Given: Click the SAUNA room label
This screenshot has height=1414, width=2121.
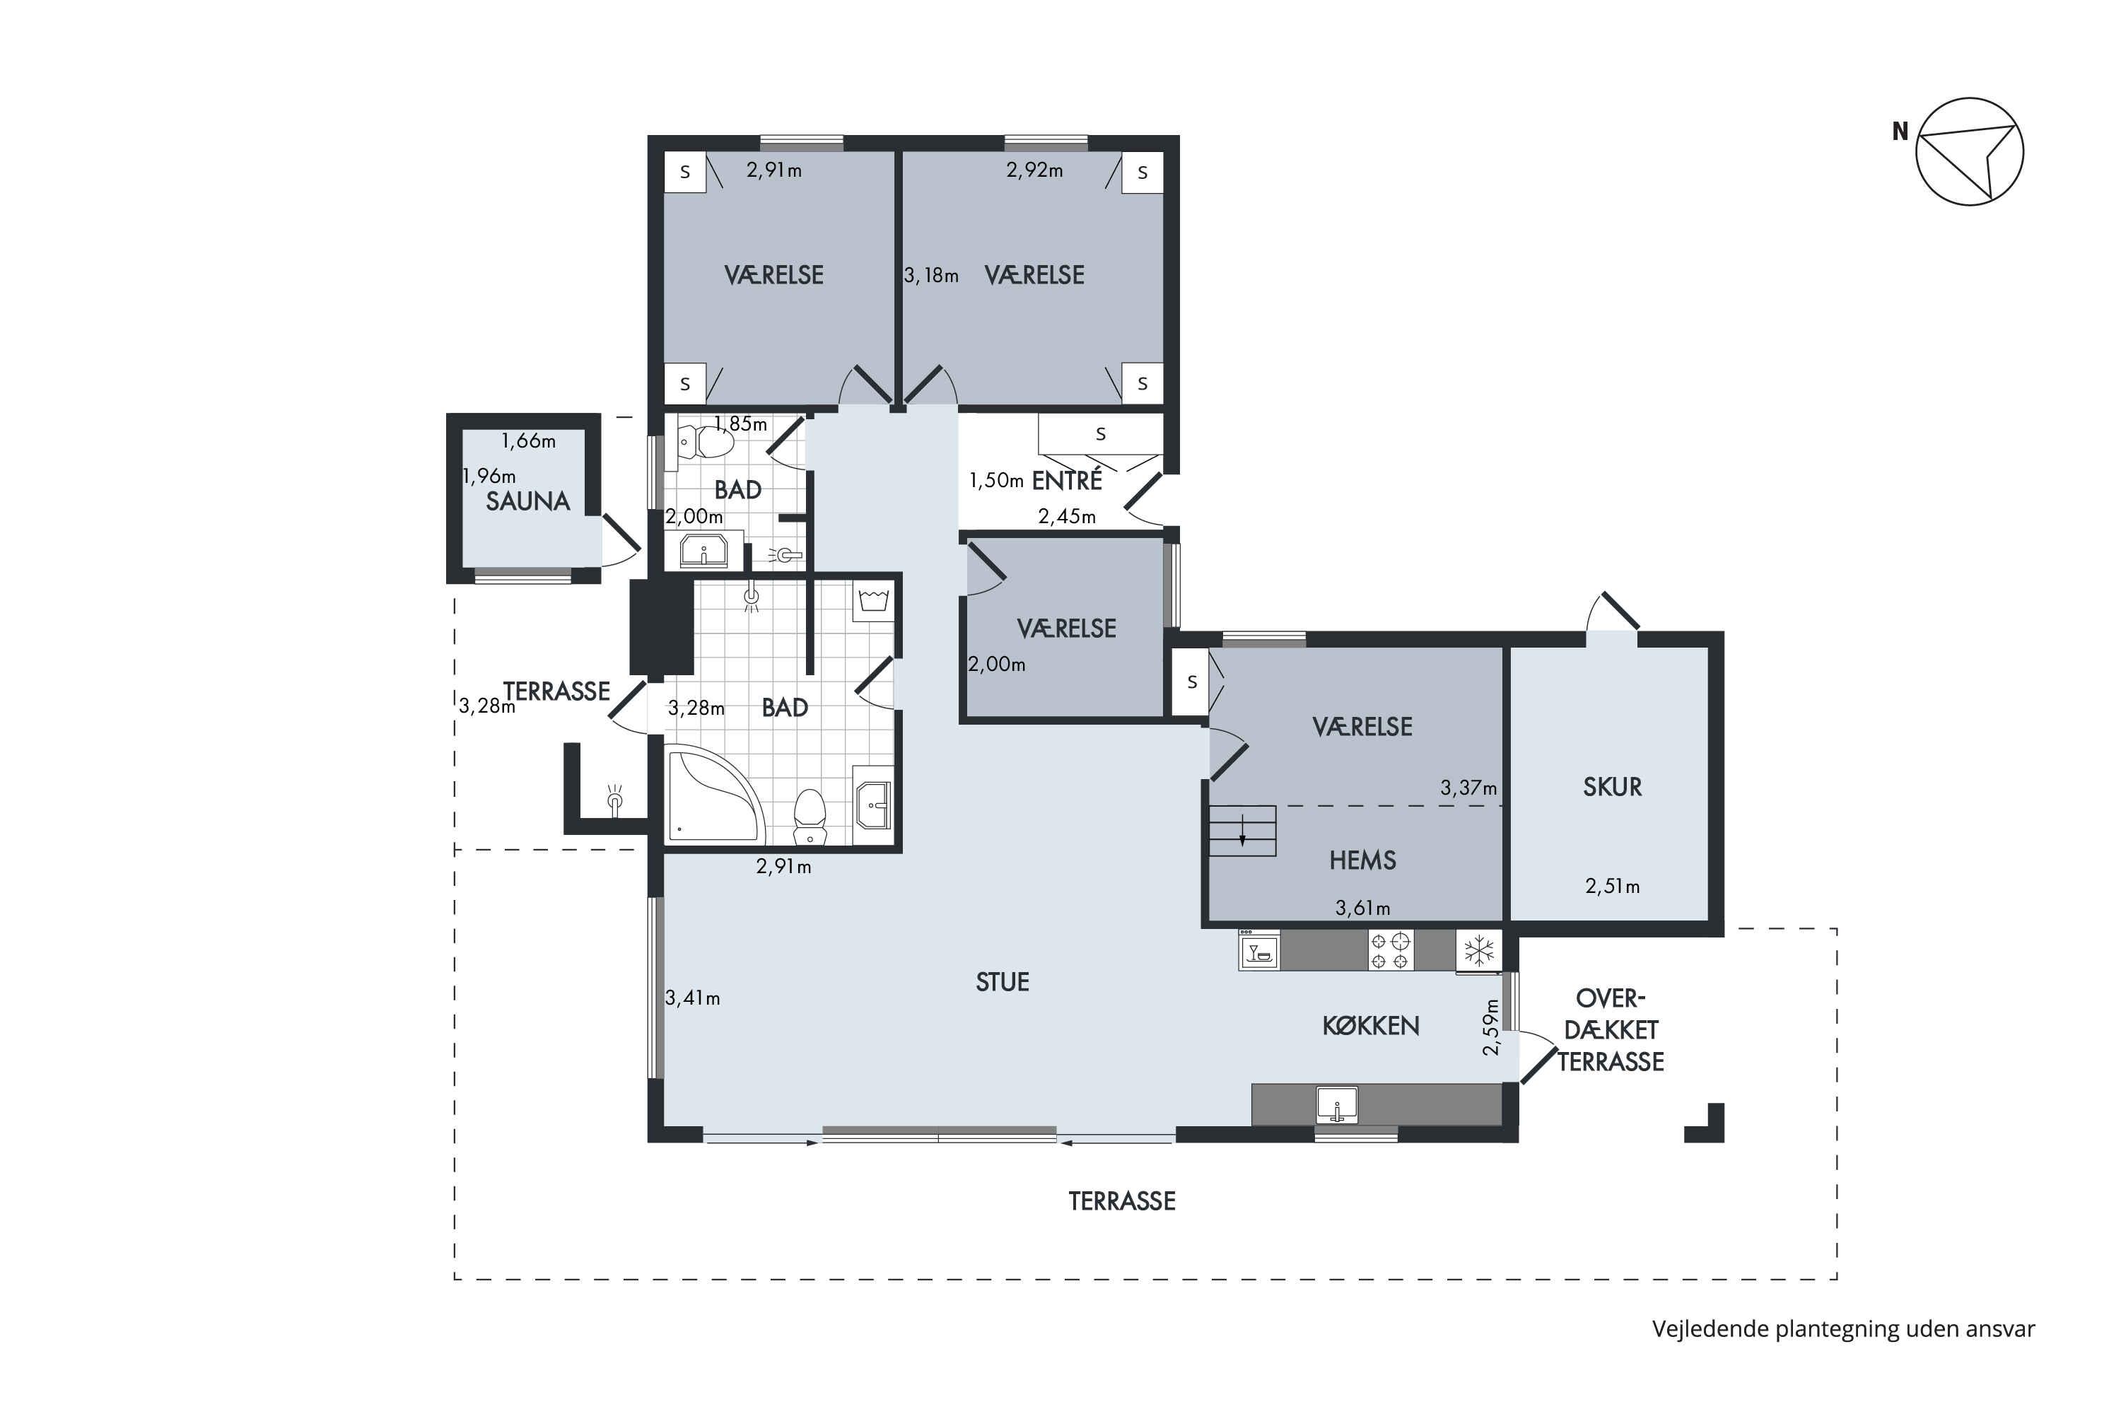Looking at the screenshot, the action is [527, 501].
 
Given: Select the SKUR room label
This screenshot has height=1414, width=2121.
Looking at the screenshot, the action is [1613, 788].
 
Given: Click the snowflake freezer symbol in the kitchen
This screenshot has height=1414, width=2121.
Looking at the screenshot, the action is [1479, 950].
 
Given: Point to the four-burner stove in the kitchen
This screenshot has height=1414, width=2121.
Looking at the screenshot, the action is [1390, 950].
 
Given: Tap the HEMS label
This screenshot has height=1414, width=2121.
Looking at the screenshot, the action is [1362, 860].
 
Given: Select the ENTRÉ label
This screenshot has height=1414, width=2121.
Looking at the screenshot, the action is [1067, 481].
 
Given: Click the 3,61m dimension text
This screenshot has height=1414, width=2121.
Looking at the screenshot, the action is [1362, 908].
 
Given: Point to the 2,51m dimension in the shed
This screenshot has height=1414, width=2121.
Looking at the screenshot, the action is [1613, 887].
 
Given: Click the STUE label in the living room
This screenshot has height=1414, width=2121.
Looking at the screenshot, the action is [1002, 982].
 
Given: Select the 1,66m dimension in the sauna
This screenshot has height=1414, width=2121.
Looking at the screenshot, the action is [528, 441].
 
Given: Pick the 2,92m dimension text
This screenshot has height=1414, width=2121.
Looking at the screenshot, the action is [1034, 170].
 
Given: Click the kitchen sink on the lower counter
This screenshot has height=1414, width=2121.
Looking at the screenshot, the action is [1338, 1104].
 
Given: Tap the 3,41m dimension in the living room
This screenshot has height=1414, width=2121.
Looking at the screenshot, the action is [693, 998].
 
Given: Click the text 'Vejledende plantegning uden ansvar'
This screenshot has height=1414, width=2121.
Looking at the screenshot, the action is [1843, 1329].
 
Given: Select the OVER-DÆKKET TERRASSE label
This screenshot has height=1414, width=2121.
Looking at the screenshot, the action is [1611, 1030].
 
